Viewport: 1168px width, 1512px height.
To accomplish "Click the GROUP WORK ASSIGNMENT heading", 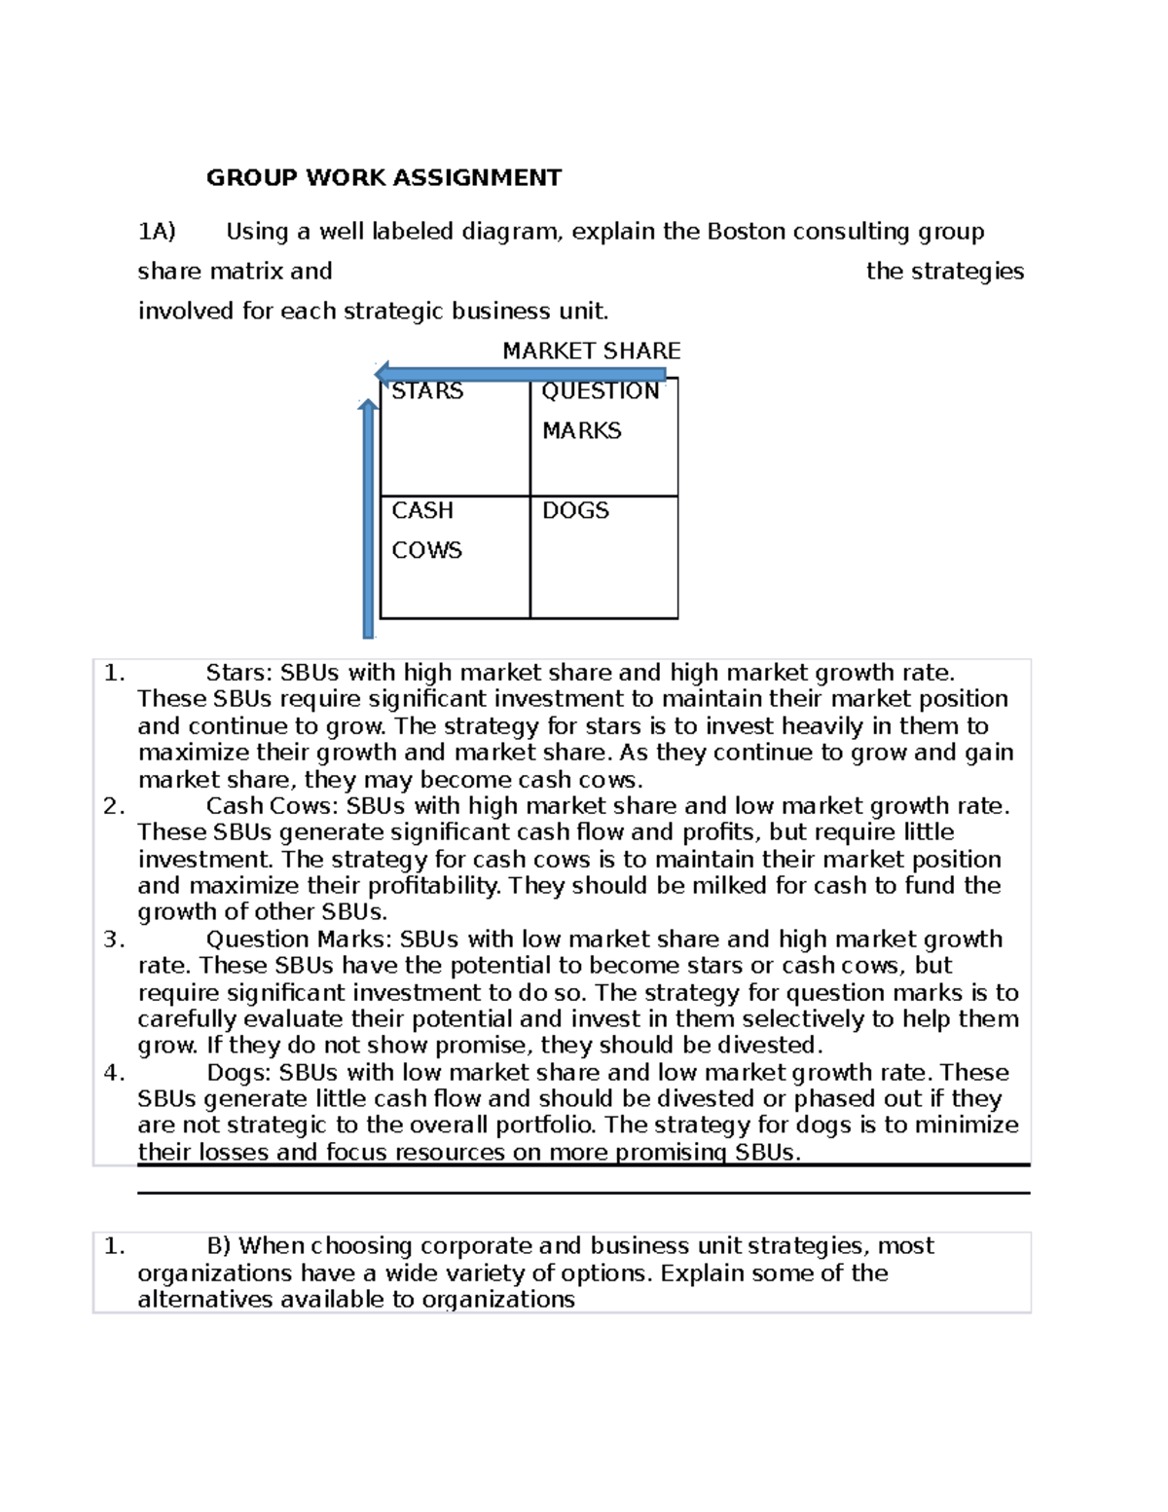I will click(383, 178).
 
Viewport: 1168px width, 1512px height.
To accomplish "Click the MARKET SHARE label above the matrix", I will click(591, 350).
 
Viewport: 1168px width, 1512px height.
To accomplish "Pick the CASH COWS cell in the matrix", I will click(454, 557).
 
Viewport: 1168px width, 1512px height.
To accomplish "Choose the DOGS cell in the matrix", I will click(603, 557).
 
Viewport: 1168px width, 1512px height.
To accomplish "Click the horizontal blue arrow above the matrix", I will click(521, 374).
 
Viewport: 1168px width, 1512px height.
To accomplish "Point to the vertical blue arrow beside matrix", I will click(368, 516).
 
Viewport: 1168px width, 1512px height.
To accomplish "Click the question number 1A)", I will click(157, 232).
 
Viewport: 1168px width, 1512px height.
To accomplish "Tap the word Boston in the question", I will click(747, 232).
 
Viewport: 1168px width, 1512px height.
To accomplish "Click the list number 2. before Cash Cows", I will click(114, 806).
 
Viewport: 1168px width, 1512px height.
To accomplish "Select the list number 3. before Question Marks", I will click(114, 940).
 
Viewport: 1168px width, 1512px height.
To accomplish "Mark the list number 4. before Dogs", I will click(114, 1073).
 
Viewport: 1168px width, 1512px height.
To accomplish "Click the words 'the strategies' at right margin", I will click(944, 272).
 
